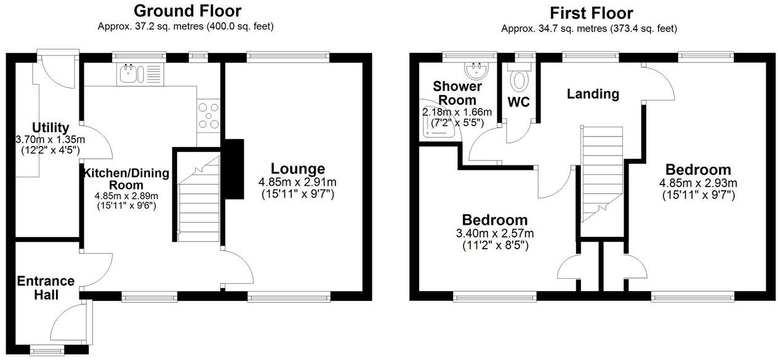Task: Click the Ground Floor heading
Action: coord(187,11)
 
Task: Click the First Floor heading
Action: coord(591,13)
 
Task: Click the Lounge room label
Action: coord(298,169)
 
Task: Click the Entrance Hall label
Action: coord(46,288)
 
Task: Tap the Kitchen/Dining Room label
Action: coord(126,178)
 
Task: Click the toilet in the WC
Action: coord(521,80)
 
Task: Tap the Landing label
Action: coord(593,94)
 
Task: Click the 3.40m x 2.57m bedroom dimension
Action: coord(495,233)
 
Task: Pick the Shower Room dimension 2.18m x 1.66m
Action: coord(457,112)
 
